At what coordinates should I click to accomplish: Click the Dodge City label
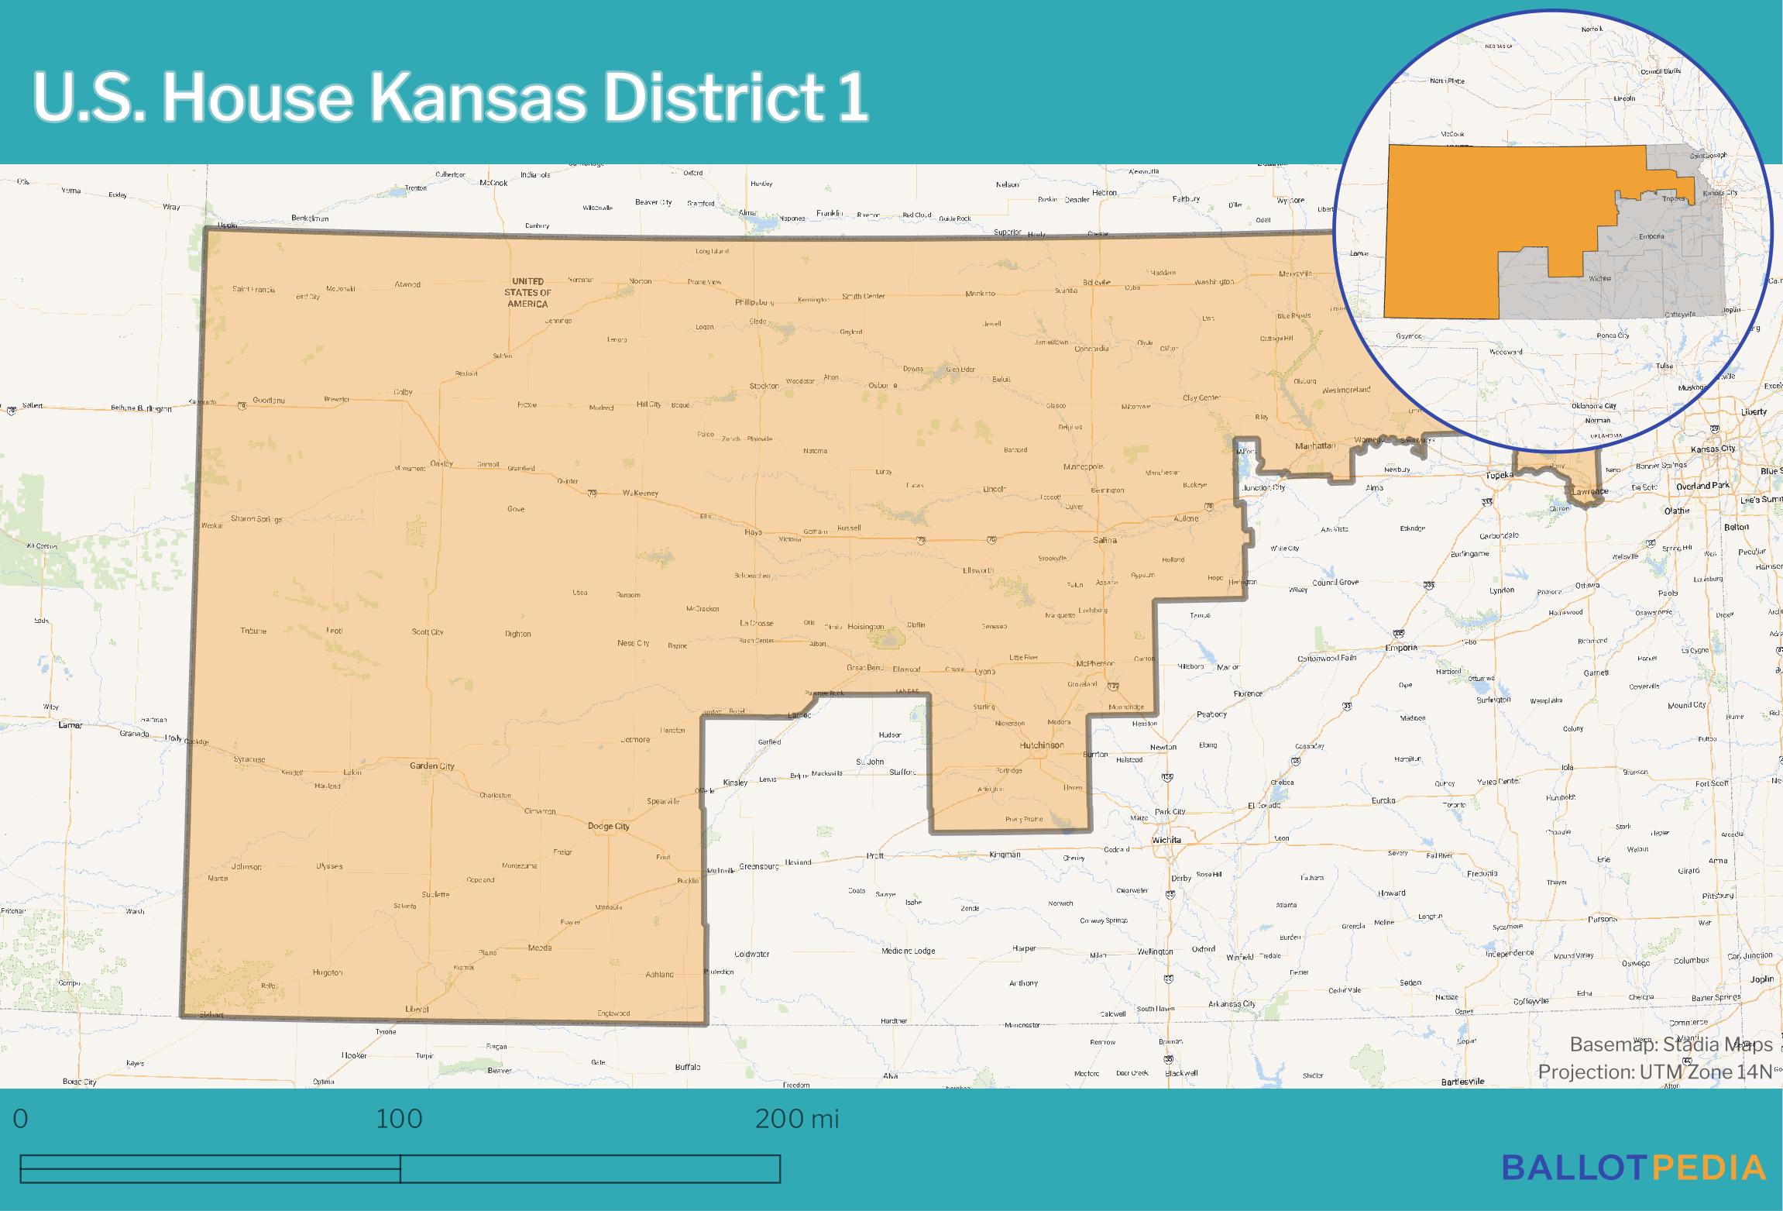pyautogui.click(x=608, y=826)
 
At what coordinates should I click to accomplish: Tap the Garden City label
pyautogui.click(x=431, y=765)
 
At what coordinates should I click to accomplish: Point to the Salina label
pyautogui.click(x=1104, y=539)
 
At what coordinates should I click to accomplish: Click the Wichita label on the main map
pyautogui.click(x=1166, y=839)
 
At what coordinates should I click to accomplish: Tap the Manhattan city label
pyautogui.click(x=1315, y=446)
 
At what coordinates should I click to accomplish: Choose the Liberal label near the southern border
pyautogui.click(x=417, y=1009)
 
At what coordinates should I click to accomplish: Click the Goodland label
pyautogui.click(x=269, y=401)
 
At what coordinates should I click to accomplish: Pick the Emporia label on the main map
pyautogui.click(x=1401, y=647)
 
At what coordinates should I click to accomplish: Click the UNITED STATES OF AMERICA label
pyautogui.click(x=527, y=292)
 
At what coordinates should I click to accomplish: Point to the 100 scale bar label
pyautogui.click(x=399, y=1119)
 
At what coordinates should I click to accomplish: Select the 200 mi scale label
pyautogui.click(x=796, y=1119)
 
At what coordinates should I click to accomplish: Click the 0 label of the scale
pyautogui.click(x=21, y=1119)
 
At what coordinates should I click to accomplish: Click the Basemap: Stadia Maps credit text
pyautogui.click(x=1670, y=1044)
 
